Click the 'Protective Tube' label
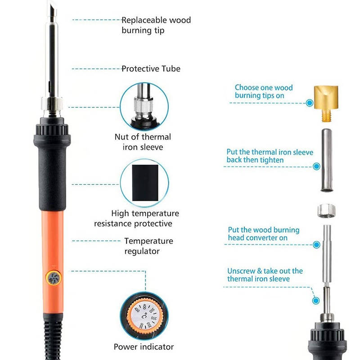pos(151,69)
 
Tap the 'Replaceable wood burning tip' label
pos(156,25)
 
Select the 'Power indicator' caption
pos(144,346)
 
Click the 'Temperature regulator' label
pos(149,246)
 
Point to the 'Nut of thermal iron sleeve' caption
pos(143,142)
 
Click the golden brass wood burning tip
pos(326,103)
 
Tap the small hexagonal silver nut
pos(326,211)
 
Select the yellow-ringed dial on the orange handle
pos(54,278)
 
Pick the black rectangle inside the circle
pos(145,183)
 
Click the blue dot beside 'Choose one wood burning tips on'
pos(310,103)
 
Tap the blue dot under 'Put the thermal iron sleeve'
pos(316,166)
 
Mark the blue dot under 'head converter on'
pos(317,245)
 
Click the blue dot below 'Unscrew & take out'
pos(316,301)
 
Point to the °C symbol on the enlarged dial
pos(144,316)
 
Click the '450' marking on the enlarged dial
pos(137,310)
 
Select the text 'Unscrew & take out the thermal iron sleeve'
pos(265,275)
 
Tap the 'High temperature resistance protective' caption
pos(137,218)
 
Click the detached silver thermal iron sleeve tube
pos(327,160)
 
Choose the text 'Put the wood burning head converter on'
pos(264,234)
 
